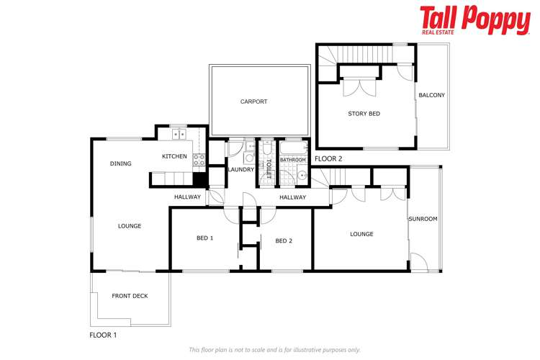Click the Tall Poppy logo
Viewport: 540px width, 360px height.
click(x=475, y=19)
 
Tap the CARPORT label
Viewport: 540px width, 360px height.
click(x=253, y=102)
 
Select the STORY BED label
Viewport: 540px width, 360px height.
click(x=364, y=114)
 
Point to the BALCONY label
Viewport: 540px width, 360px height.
click(x=432, y=95)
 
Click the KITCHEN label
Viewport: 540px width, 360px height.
click(x=174, y=156)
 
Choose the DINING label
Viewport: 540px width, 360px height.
click(x=121, y=163)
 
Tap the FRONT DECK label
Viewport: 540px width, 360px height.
click(x=130, y=296)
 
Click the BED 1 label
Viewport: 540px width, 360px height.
click(x=205, y=238)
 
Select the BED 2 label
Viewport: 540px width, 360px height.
click(x=284, y=240)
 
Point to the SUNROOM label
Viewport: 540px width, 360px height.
click(x=423, y=219)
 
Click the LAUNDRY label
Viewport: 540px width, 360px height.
click(x=240, y=169)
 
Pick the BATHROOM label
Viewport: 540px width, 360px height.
click(x=293, y=160)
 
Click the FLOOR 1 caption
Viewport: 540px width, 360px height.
click(x=103, y=335)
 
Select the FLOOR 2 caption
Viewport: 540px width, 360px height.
click(x=328, y=158)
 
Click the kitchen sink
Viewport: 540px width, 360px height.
click(x=177, y=134)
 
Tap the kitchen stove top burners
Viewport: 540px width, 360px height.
click(x=199, y=161)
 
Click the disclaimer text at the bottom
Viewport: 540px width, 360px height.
click(x=274, y=350)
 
